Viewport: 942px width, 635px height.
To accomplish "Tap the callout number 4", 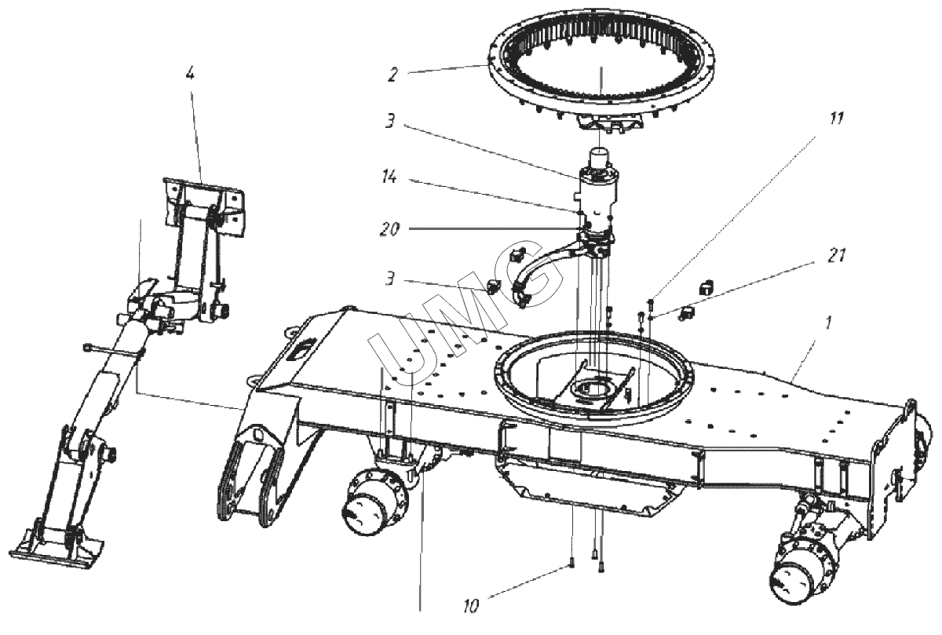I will tap(189, 75).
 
